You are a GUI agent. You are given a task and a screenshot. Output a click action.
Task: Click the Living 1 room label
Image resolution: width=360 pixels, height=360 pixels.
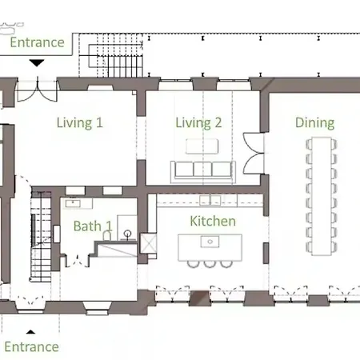click(80, 123)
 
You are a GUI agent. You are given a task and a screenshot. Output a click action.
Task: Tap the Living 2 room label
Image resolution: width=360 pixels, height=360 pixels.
click(198, 123)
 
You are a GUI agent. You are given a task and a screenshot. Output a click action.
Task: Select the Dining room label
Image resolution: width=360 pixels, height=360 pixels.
click(314, 123)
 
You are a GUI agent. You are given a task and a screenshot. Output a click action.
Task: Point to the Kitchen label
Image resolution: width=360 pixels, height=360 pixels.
click(213, 221)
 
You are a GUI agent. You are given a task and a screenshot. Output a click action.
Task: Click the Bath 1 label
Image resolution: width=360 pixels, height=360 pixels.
click(93, 226)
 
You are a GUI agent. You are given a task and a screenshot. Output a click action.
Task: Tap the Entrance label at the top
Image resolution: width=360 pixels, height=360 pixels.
click(37, 42)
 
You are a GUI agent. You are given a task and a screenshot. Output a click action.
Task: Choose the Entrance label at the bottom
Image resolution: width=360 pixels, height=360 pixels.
click(31, 346)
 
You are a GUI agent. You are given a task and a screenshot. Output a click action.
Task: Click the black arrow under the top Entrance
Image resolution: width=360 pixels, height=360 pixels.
click(37, 63)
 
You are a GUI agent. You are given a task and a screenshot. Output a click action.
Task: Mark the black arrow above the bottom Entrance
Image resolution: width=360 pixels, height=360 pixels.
click(30, 332)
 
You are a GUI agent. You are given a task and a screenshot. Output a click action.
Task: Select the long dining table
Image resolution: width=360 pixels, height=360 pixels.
click(322, 196)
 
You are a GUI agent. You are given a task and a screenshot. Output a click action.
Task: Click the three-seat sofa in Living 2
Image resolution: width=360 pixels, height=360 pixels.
click(203, 172)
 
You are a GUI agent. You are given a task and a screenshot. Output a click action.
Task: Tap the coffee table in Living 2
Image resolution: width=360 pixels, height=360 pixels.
click(202, 146)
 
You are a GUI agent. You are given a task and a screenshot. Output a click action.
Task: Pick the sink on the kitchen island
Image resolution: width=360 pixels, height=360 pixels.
click(210, 242)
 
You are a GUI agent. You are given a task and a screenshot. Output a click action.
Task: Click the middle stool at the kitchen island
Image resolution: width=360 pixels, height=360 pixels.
click(210, 264)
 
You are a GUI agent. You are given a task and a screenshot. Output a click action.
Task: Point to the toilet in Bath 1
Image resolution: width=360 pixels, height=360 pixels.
click(107, 235)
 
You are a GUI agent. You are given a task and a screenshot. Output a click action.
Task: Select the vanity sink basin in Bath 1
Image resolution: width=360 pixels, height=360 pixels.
click(73, 203)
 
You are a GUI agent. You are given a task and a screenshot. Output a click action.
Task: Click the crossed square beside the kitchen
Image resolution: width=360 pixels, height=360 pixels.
click(149, 243)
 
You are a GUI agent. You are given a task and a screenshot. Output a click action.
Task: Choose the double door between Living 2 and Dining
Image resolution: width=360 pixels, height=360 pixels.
click(254, 154)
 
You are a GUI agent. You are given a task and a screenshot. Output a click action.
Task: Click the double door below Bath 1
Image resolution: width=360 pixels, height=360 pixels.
click(78, 262)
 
